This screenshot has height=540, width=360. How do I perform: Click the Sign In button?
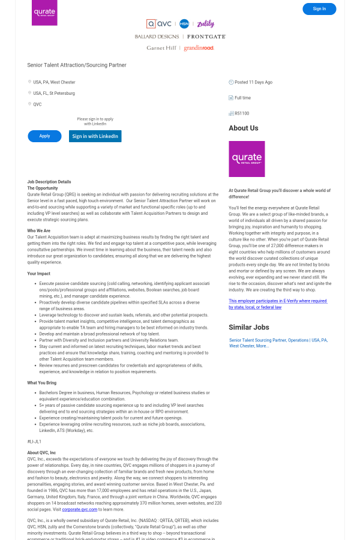tap(319, 9)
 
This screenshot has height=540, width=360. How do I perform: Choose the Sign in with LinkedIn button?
tap(95, 136)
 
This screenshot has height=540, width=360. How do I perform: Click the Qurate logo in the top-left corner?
tap(44, 13)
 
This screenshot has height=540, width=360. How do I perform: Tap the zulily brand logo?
tap(206, 24)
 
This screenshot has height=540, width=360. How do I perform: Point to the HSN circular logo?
tap(184, 24)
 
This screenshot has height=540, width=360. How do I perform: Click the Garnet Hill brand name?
tap(161, 48)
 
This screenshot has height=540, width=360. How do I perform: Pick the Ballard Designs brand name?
tap(157, 37)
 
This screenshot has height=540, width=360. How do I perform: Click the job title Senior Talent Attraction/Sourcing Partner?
tap(77, 65)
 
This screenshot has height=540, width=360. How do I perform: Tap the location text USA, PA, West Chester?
tap(54, 82)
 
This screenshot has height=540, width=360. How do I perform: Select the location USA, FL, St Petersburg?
tap(54, 94)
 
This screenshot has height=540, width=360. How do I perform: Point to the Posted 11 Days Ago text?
tap(253, 82)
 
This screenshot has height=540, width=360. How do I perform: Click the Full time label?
tap(243, 98)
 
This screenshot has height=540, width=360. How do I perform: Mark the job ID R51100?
tap(242, 113)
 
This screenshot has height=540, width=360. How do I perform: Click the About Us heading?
tap(243, 128)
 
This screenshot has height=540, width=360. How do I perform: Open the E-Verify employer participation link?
tap(277, 304)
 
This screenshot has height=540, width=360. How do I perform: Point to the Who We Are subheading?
tap(38, 230)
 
